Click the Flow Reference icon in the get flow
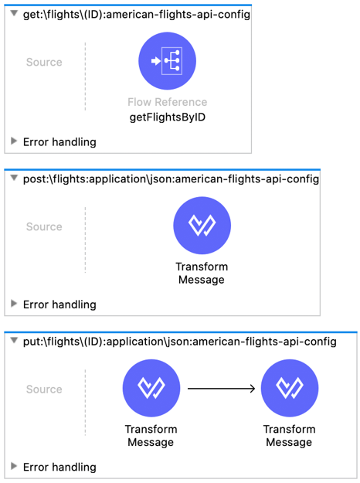[x=167, y=61]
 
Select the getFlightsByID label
[x=167, y=117]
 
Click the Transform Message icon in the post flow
[x=202, y=226]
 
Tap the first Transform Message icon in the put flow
[x=151, y=388]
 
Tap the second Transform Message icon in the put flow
[x=290, y=388]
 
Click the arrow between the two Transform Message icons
[x=222, y=389]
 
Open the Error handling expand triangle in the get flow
[x=14, y=141]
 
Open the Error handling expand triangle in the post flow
[x=14, y=304]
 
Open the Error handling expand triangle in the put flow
[x=14, y=466]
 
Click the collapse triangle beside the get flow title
[x=14, y=14]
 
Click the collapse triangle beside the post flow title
[x=14, y=178]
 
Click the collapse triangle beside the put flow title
[x=14, y=341]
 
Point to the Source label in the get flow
[x=44, y=63]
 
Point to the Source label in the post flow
[x=44, y=226]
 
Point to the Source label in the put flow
[x=44, y=389]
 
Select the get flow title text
[x=137, y=15]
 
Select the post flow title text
[x=171, y=179]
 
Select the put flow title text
[x=180, y=342]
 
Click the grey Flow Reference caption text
[x=167, y=102]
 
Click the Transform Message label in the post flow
[x=202, y=274]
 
